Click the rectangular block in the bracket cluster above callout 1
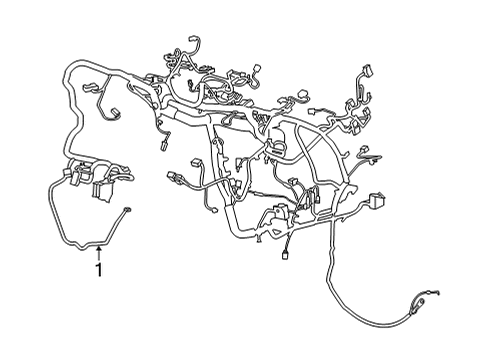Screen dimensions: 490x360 102,188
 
